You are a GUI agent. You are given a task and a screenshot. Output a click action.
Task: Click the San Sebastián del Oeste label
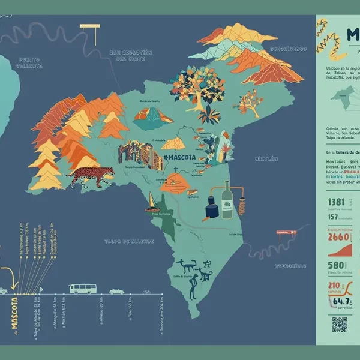coord(127,56)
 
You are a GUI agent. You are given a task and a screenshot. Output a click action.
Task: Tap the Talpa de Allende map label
coord(129,241)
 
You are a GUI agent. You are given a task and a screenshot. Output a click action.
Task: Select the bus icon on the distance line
coord(82,289)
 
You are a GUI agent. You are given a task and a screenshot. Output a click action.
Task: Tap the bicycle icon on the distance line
coord(146,292)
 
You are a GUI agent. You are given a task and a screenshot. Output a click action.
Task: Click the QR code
coord(340,325)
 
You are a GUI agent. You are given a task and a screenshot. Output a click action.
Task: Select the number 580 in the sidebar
coord(335,265)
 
